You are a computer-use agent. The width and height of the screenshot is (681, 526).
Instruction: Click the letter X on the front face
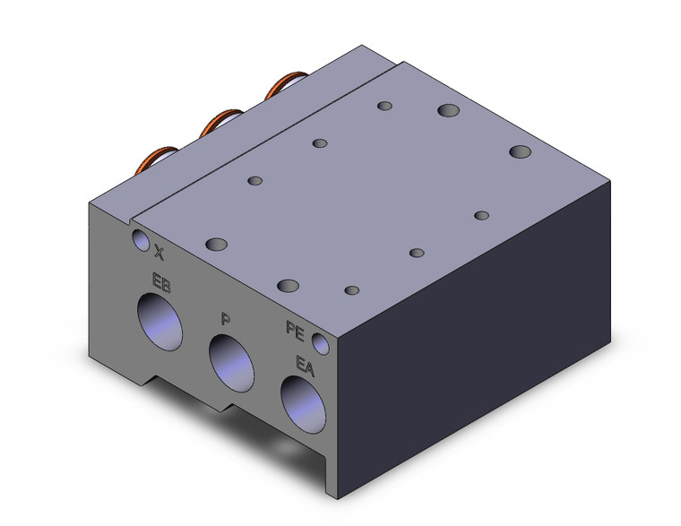[159, 253]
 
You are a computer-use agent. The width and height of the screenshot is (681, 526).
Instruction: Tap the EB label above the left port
[161, 282]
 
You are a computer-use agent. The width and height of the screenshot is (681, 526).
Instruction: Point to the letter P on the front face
[226, 319]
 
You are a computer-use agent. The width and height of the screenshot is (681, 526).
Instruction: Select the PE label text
[296, 331]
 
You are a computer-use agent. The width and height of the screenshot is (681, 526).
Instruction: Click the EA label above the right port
[305, 366]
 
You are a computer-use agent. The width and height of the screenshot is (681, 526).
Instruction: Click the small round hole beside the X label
[141, 240]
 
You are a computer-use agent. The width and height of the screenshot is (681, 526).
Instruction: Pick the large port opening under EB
[159, 322]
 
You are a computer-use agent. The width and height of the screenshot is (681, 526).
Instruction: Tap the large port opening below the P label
[231, 363]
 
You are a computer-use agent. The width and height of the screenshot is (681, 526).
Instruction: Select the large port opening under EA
[303, 404]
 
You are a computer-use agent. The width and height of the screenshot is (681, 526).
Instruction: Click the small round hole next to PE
[321, 343]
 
